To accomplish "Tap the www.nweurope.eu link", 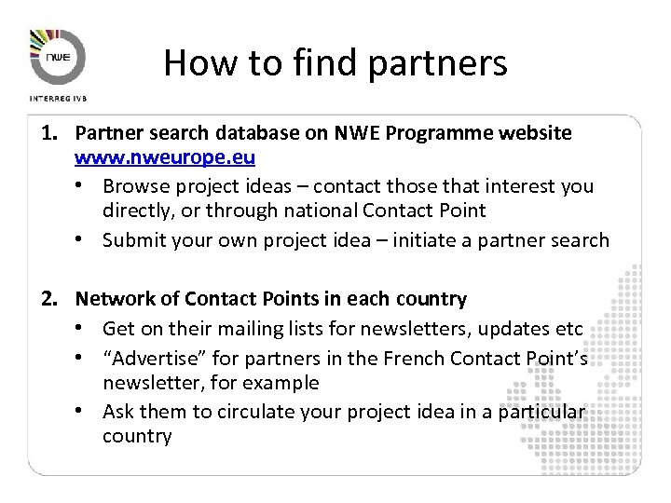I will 165,157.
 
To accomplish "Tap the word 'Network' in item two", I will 115,299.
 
